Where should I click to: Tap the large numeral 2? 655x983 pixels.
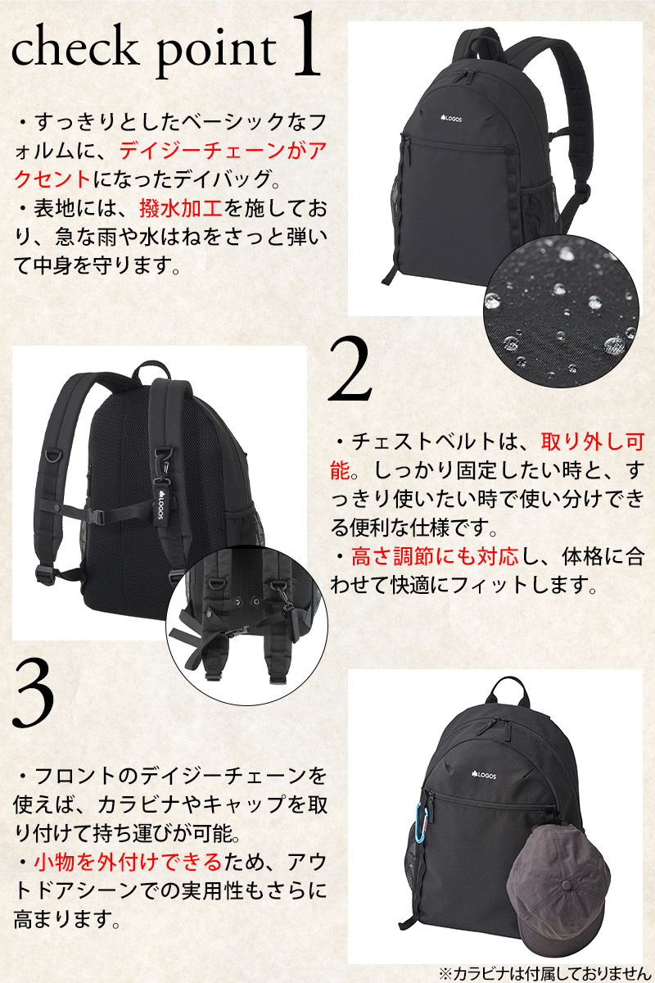tap(350, 369)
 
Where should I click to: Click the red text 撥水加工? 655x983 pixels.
tap(181, 208)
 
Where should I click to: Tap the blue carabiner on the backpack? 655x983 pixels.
tap(420, 823)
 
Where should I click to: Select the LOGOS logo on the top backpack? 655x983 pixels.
tap(450, 118)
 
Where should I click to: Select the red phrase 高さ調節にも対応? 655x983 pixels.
tap(434, 556)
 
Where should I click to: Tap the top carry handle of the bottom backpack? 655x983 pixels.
tap(507, 691)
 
